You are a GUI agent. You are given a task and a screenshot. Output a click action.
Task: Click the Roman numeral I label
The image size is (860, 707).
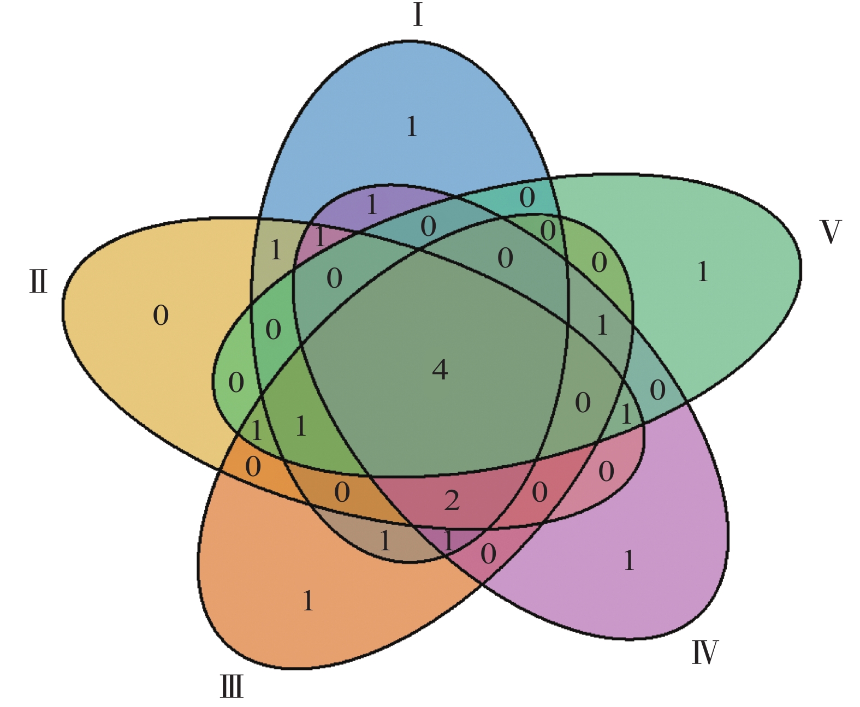click(x=418, y=15)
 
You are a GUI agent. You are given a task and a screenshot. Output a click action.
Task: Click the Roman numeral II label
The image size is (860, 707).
click(x=38, y=282)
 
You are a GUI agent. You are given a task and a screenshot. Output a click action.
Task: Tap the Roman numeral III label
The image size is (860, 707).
click(x=232, y=686)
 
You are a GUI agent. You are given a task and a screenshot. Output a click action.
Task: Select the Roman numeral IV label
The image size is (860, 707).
click(x=705, y=652)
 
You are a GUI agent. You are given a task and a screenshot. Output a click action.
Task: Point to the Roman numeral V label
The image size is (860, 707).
click(x=831, y=232)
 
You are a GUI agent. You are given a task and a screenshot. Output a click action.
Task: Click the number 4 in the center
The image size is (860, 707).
click(x=440, y=370)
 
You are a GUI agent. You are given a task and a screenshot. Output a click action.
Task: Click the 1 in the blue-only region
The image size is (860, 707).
click(x=412, y=127)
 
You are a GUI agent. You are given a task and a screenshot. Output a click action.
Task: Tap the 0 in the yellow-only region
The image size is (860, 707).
click(x=161, y=316)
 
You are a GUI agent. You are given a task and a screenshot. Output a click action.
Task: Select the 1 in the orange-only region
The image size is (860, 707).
click(x=308, y=601)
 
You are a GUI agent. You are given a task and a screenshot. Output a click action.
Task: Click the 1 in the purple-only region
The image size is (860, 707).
click(x=629, y=561)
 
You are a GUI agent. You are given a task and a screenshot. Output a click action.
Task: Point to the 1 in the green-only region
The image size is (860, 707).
click(x=703, y=272)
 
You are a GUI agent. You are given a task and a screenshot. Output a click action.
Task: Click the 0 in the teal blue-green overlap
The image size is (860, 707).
click(x=527, y=198)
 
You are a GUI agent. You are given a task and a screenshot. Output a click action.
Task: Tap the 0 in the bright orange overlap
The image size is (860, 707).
click(x=253, y=467)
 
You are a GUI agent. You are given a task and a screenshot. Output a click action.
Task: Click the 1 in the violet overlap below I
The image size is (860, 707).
click(x=372, y=205)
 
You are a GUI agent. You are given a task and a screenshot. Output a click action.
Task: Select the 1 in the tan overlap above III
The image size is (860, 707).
click(x=385, y=541)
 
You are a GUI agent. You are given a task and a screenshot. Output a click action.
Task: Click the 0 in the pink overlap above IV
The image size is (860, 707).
click(x=606, y=472)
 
